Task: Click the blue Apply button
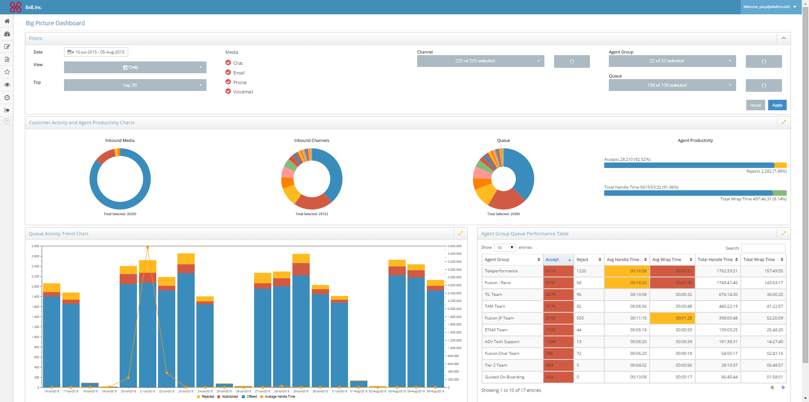(777, 105)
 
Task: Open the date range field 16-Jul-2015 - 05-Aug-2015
(96, 52)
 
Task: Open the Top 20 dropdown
(135, 85)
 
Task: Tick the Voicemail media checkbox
(228, 91)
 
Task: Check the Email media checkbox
(228, 72)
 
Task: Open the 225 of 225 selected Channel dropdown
(480, 61)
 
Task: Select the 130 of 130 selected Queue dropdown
(672, 85)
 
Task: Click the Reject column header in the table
(588, 260)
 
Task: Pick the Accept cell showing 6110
(558, 271)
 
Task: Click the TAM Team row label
(495, 306)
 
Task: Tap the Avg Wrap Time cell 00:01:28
(672, 318)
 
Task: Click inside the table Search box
(763, 248)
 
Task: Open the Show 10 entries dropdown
(505, 248)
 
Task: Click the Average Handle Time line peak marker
(147, 248)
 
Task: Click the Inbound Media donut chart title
(120, 141)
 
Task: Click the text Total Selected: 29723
(311, 214)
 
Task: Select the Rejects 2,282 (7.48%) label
(766, 171)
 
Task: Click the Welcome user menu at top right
(769, 7)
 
